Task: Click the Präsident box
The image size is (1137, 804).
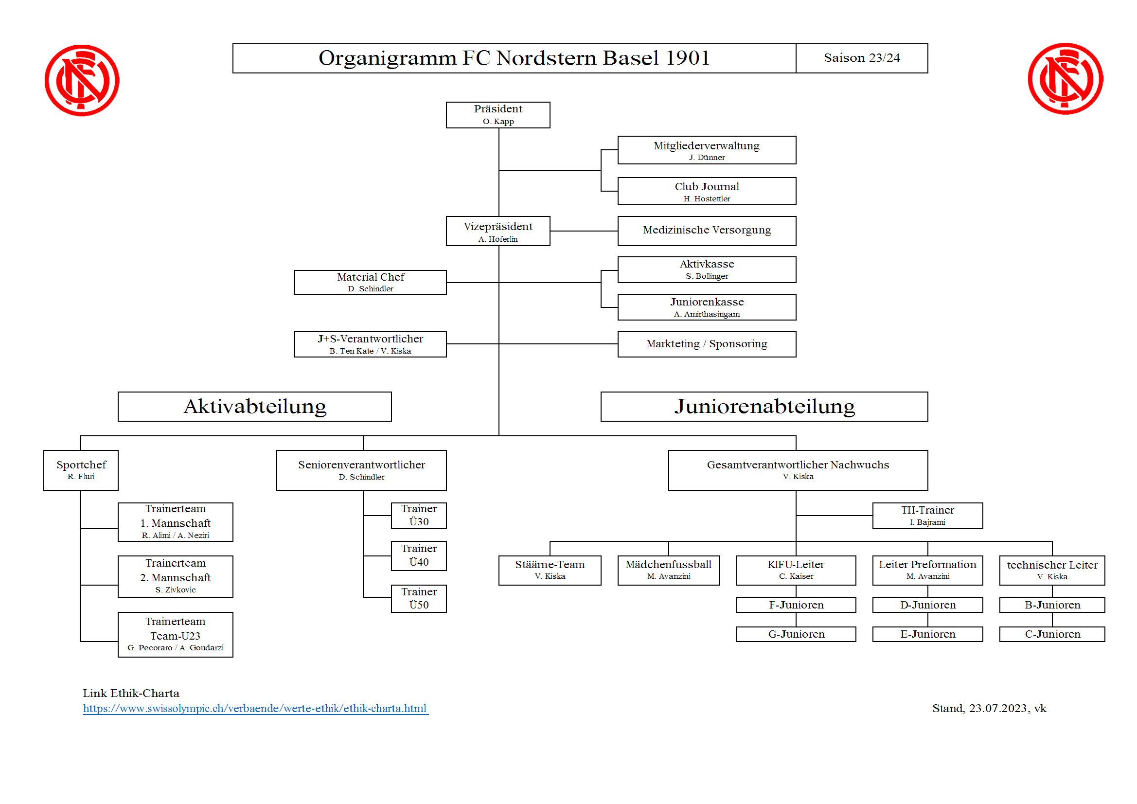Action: tap(497, 115)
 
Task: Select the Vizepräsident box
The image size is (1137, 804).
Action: tap(497, 231)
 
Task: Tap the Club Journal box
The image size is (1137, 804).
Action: tap(707, 191)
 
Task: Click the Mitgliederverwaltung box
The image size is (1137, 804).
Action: tap(707, 150)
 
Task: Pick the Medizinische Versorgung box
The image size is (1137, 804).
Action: tap(707, 231)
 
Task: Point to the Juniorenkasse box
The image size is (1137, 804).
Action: tap(707, 307)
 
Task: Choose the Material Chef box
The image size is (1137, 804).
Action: tap(371, 283)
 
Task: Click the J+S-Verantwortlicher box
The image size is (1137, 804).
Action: tap(371, 344)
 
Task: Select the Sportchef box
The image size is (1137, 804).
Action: tap(81, 470)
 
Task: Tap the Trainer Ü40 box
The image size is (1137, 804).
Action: tap(418, 556)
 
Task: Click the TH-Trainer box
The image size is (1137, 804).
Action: tap(927, 516)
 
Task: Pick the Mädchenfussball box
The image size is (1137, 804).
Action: tap(669, 570)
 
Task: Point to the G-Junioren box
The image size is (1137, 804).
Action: tap(796, 634)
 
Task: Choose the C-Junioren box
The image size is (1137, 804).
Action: tap(1052, 634)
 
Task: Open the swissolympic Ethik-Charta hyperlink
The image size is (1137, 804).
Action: tap(255, 708)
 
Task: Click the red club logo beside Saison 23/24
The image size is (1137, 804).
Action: tap(1065, 79)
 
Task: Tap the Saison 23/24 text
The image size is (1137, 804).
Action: tap(862, 58)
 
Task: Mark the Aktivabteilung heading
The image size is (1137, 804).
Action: tap(255, 407)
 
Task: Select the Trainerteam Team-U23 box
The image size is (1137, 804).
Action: tap(175, 635)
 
